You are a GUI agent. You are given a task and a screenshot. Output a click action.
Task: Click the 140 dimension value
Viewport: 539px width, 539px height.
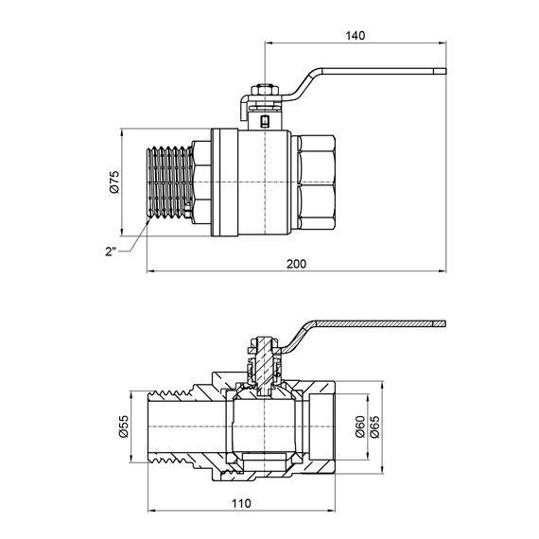point(356,36)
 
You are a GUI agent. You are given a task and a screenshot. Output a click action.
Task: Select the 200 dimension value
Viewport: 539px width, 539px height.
point(296,264)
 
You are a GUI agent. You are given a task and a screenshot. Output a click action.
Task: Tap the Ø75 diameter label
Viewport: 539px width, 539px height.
point(114,182)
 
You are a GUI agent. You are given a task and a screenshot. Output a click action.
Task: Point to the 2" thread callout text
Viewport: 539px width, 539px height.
point(111,252)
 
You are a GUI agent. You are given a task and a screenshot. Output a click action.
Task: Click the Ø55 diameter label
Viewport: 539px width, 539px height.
point(123,426)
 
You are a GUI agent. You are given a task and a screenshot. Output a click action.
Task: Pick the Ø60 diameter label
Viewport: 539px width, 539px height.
point(360,426)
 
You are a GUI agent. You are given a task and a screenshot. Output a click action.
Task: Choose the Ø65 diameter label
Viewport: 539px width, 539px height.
point(374,426)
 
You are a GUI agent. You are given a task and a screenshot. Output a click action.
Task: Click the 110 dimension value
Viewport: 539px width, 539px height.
point(241,504)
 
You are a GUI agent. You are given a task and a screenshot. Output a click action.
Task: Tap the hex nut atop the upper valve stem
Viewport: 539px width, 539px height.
point(265,90)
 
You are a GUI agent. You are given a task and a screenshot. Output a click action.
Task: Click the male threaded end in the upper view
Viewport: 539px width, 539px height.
point(169,183)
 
